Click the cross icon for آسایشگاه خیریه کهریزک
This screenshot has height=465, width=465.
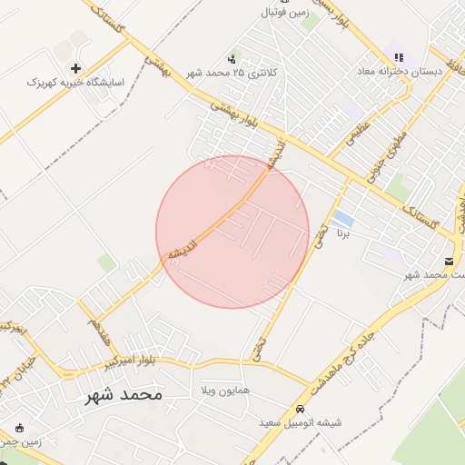pyautogui.click(x=74, y=68)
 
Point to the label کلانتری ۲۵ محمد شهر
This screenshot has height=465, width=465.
pyautogui.click(x=230, y=72)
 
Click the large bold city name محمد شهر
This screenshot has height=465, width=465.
pyautogui.click(x=124, y=395)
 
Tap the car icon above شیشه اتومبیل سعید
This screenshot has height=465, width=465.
pyautogui.click(x=301, y=409)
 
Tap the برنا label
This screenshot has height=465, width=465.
pyautogui.click(x=342, y=233)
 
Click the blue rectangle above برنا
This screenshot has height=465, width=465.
pyautogui.click(x=343, y=219)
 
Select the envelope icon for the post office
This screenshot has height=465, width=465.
pyautogui.click(x=449, y=262)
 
